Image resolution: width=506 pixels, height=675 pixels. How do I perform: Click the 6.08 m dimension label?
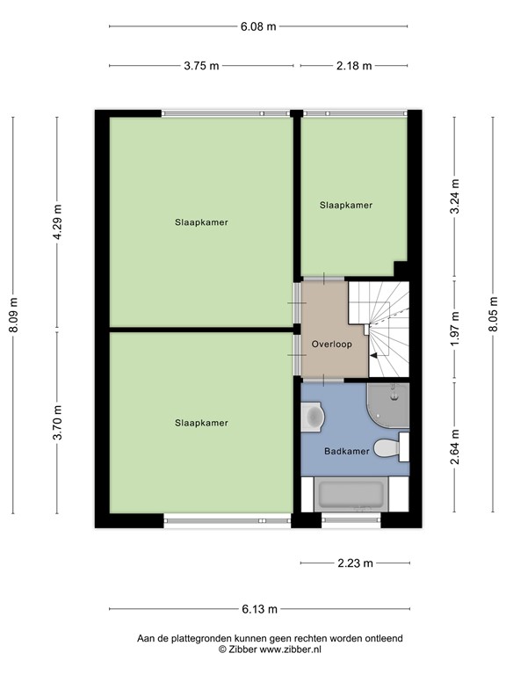click(258, 26)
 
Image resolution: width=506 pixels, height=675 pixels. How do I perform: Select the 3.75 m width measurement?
click(201, 66)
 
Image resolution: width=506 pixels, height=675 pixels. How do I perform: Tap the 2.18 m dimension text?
click(353, 66)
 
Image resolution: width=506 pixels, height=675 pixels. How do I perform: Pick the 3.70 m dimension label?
click(58, 423)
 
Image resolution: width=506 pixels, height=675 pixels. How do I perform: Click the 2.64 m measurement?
click(454, 446)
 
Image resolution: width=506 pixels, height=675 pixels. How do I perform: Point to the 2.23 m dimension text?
click(355, 563)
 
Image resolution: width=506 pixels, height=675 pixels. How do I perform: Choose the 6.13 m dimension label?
click(259, 609)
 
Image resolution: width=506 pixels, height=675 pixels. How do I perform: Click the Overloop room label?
click(331, 345)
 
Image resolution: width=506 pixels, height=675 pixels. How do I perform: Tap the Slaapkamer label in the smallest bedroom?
click(345, 205)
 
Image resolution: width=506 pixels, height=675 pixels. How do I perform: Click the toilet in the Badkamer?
click(388, 448)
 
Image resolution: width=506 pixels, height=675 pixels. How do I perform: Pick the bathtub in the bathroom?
click(351, 496)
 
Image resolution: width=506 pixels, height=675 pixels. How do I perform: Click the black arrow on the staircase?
click(373, 355)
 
